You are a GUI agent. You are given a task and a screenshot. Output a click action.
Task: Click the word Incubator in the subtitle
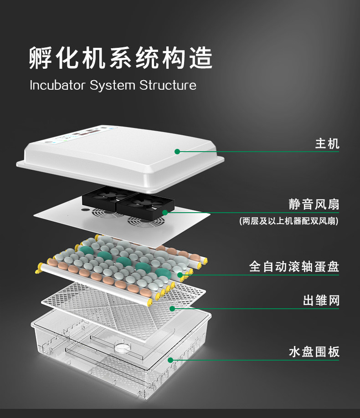click(x=57, y=85)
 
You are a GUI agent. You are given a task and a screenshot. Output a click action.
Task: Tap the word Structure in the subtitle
click(x=168, y=85)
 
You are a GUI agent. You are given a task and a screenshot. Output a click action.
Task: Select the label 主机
click(x=327, y=144)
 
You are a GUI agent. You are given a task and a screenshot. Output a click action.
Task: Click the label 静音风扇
click(x=314, y=204)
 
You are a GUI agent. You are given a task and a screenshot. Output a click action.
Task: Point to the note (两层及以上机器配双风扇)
click(x=289, y=221)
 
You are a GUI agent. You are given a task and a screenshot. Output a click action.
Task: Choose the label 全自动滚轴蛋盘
click(x=294, y=266)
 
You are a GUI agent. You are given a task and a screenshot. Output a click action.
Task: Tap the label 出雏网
click(x=321, y=301)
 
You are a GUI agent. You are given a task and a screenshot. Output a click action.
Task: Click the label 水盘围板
click(x=314, y=352)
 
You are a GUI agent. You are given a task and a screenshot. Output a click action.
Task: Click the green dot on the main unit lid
click(x=177, y=152)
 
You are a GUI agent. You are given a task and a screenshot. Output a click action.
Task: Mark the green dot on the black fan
click(x=165, y=213)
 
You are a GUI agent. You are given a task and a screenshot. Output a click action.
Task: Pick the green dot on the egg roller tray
click(x=180, y=275)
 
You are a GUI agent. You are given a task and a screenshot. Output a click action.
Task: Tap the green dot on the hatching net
click(x=172, y=309)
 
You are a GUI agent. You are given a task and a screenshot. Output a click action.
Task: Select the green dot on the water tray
click(x=170, y=360)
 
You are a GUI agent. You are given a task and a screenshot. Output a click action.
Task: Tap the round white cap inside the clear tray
click(x=123, y=347)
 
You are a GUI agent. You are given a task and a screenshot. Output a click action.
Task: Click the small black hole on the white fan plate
click(x=85, y=210)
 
